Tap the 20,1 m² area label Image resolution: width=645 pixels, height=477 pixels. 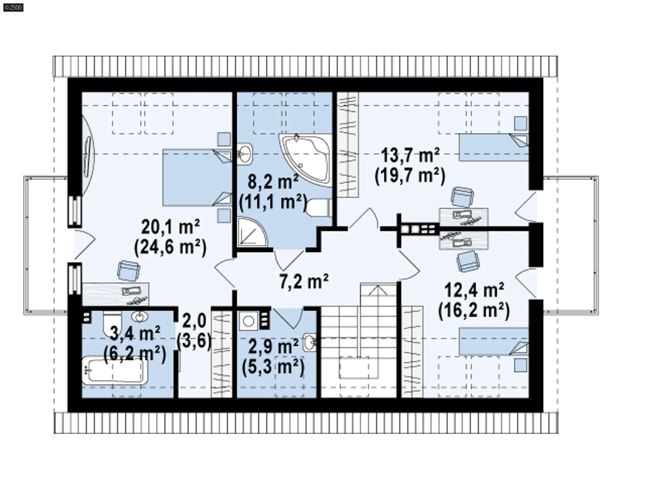coord(171,227)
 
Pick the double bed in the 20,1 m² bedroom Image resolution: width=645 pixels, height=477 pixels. coord(198,177)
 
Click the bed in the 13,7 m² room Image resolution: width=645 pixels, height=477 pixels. coord(494,147)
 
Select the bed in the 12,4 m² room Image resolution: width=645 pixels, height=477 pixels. coord(494,342)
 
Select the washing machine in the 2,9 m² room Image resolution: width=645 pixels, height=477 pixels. coord(249,321)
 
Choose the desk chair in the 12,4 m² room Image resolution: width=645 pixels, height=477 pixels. coord(468,261)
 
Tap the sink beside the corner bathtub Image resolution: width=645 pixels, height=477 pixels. coord(245,154)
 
